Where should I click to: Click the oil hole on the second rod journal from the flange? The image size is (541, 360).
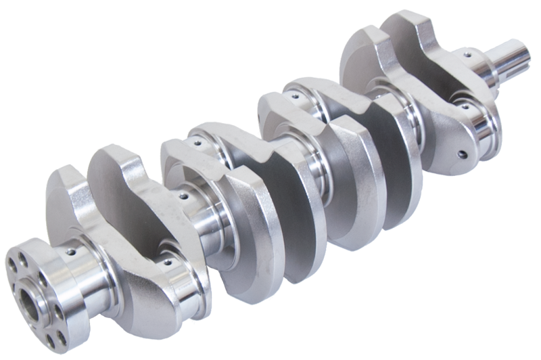click(x=197, y=143)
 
